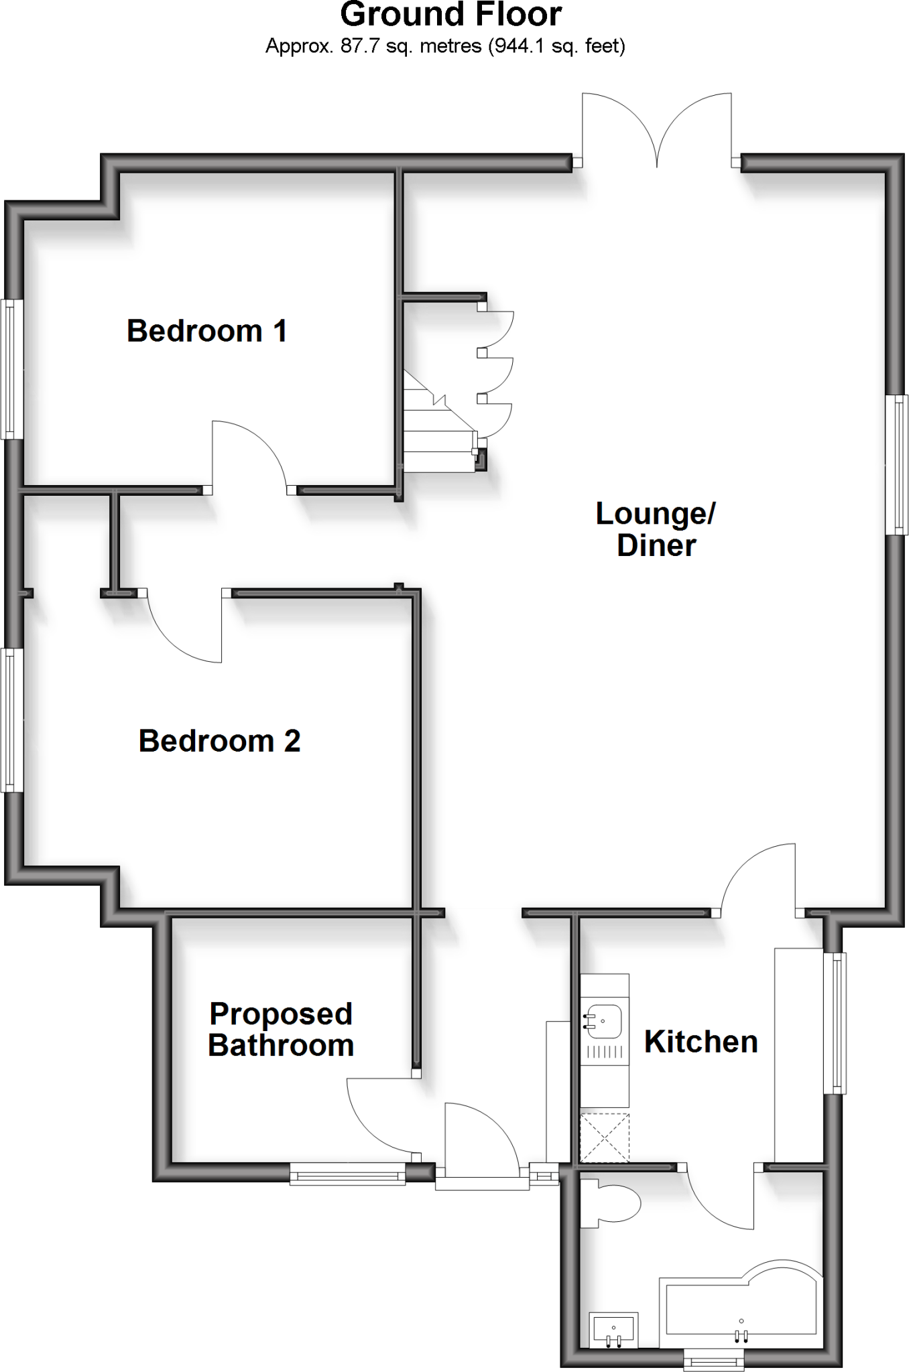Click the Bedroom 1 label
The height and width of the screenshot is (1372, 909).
coord(207,331)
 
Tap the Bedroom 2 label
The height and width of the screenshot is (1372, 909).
coord(219,741)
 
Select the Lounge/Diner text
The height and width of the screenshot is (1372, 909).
coord(656,529)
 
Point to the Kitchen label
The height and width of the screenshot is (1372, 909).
coord(701,1042)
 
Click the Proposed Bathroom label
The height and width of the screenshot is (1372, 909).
coord(281,1030)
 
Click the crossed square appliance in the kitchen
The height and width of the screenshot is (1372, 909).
coord(605,1138)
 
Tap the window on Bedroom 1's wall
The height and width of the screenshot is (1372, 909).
coord(9,369)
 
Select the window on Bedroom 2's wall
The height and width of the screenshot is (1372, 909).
coord(9,720)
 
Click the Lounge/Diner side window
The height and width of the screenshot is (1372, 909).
coord(898,465)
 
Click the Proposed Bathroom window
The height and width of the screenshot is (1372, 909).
coord(348,1173)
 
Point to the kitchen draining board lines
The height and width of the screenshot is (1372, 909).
coord(605,1053)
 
